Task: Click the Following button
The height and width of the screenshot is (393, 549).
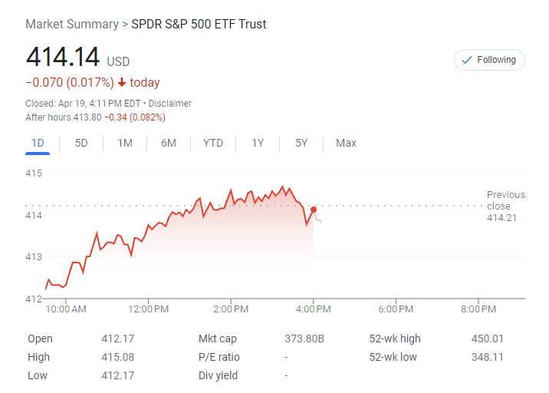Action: [x=489, y=60]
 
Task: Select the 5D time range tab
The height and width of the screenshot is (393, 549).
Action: [x=81, y=143]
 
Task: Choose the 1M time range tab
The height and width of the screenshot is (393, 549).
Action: [x=125, y=143]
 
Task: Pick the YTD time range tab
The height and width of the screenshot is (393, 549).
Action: [x=213, y=143]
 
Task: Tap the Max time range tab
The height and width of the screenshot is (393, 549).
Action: [x=346, y=143]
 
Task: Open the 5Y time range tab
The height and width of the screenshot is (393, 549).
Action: [x=301, y=143]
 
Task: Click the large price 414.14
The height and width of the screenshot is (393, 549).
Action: [x=63, y=57]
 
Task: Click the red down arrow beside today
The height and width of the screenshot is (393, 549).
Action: [x=122, y=83]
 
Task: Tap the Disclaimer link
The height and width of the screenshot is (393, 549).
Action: [x=170, y=104]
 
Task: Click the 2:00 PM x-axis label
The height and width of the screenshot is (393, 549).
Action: [x=231, y=309]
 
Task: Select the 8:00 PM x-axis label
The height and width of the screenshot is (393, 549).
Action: [x=478, y=309]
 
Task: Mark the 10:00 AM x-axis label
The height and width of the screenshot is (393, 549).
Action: [x=66, y=309]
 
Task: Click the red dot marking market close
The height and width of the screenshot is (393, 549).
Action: [x=314, y=209]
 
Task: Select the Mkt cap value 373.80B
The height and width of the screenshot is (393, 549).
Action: [x=304, y=339]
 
